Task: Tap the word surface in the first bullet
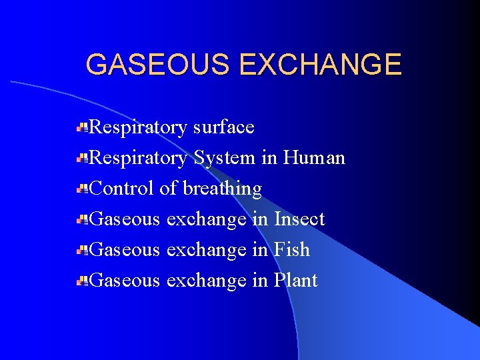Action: point(223,127)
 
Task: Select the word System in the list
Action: point(224,158)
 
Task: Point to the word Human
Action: point(314,158)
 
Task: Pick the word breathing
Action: point(222,189)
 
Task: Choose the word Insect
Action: point(299,219)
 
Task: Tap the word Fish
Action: point(292,249)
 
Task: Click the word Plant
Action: point(296,280)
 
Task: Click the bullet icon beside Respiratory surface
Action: point(83,127)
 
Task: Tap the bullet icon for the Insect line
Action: point(83,219)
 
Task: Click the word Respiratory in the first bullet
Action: point(138,127)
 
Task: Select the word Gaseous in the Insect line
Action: point(125,219)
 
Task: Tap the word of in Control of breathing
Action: point(168,189)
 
